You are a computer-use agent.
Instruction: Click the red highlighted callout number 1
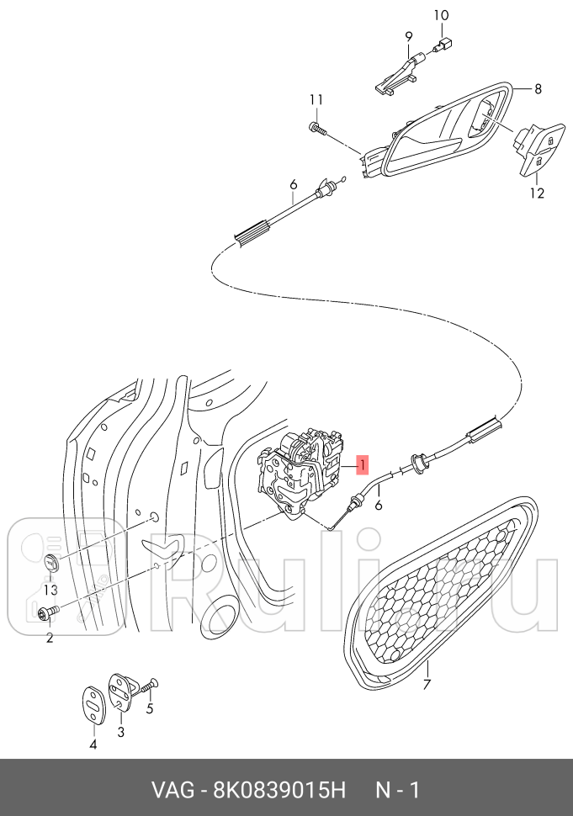coord(362,464)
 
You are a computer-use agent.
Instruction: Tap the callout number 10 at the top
coord(441,15)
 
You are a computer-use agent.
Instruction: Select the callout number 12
coord(537,193)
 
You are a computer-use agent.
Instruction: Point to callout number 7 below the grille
coord(427,684)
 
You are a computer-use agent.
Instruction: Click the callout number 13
coord(50,591)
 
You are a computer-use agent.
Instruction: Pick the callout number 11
coord(316,99)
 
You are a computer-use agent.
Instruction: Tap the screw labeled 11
coord(317,128)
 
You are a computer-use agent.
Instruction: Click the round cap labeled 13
coord(51,563)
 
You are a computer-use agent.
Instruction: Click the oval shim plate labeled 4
coord(94,705)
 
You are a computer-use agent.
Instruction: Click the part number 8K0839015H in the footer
coord(279,791)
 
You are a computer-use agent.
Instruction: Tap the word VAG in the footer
coord(172,791)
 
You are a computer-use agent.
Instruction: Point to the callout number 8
coord(538,89)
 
